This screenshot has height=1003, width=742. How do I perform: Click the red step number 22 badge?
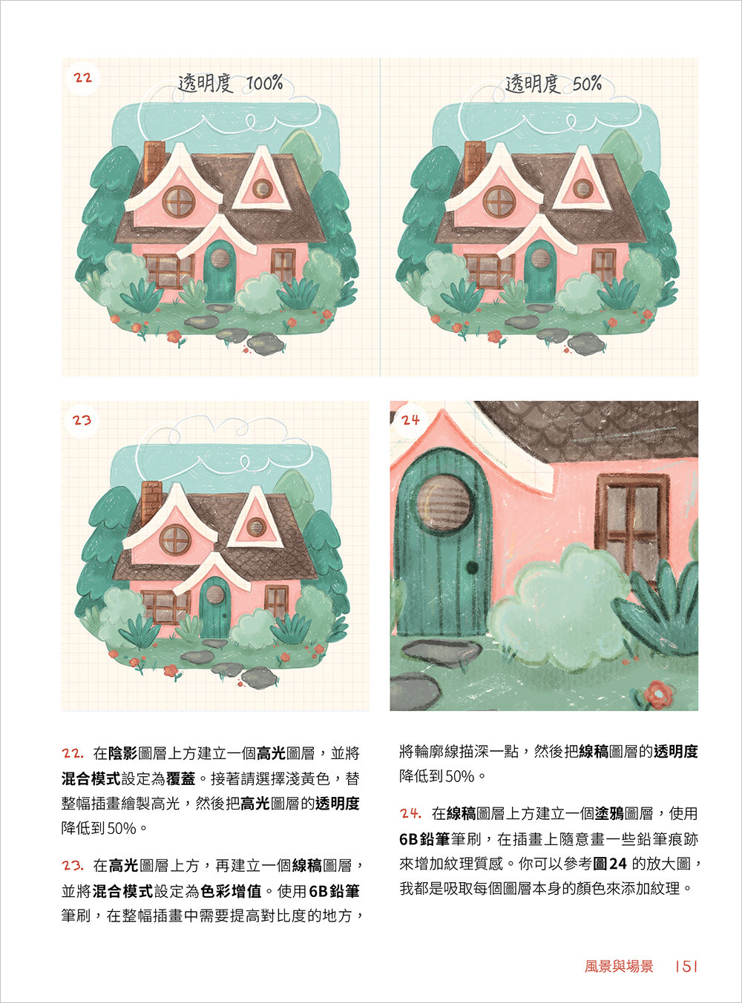pos(82,78)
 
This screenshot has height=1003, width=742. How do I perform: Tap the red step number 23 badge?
pos(82,420)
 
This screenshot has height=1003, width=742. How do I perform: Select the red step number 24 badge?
pos(410,420)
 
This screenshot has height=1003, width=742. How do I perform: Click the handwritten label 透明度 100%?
pos(230,84)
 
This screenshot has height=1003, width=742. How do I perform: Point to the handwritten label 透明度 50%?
pos(553,85)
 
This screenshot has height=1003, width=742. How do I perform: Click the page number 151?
pos(687,966)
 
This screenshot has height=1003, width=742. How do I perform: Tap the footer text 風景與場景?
pos(619,966)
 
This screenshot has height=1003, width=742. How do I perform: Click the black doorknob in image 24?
pos(471,569)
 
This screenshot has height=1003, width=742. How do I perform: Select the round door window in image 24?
pos(445,501)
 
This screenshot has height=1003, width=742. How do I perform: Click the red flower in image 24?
pos(657,694)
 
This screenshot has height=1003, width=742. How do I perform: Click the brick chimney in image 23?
pos(151,502)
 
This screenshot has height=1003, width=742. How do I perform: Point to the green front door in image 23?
pos(215,608)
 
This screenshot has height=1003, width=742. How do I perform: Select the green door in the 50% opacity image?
pos(540,271)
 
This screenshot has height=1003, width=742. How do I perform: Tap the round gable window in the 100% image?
pos(179,202)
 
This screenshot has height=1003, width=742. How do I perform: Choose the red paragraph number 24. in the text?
pos(410,814)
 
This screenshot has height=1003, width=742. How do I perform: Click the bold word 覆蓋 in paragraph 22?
pos(181,779)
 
